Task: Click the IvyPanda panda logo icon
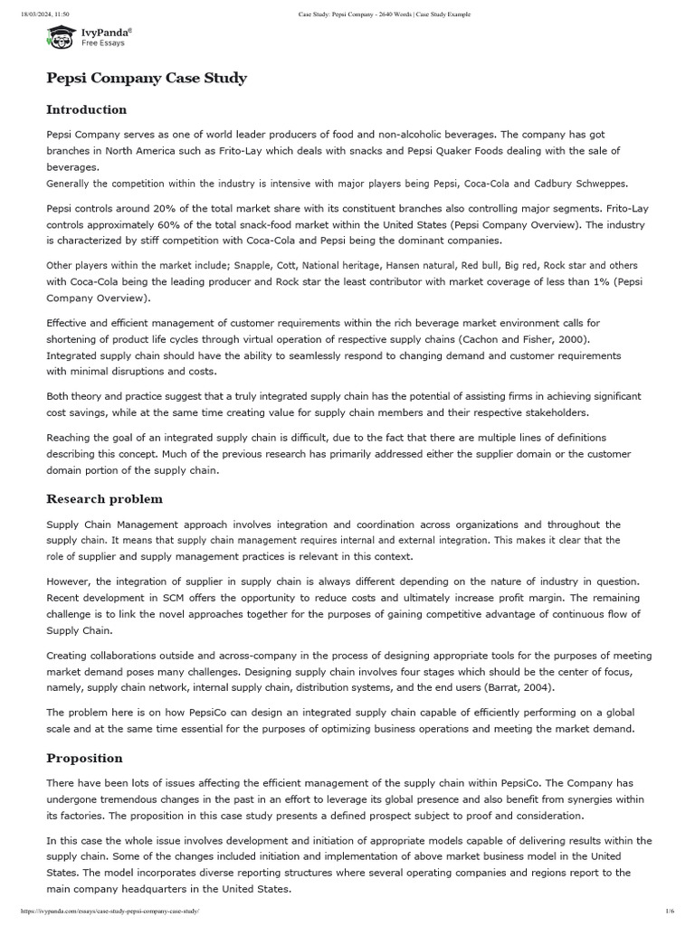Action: pos(61,37)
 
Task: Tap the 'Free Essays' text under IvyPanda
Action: pos(103,43)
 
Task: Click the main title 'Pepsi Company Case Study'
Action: pos(147,78)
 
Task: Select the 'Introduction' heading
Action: pos(87,109)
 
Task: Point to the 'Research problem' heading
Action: pos(105,498)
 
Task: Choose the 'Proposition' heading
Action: pos(84,758)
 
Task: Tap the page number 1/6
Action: pos(670,912)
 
